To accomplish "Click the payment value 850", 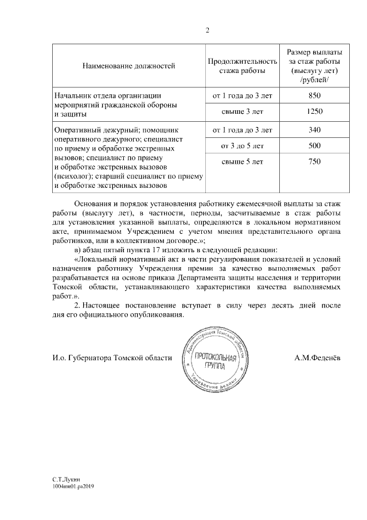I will click(x=314, y=95).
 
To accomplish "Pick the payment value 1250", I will click(x=314, y=111).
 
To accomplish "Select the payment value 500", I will click(x=314, y=145).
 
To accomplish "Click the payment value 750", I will click(x=314, y=162).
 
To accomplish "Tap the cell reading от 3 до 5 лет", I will click(x=242, y=145).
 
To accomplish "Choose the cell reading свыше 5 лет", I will click(x=242, y=162).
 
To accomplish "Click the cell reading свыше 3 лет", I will click(x=242, y=111).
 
